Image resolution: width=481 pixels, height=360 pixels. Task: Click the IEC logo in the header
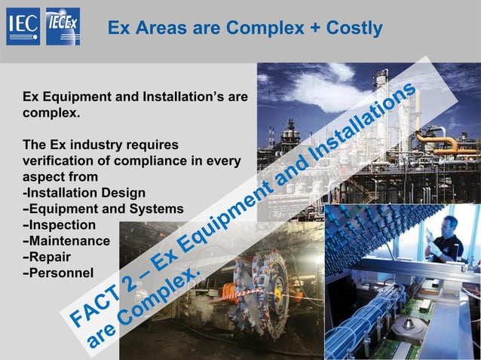pos(23,27)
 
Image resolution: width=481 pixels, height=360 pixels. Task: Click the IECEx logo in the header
pos(63,27)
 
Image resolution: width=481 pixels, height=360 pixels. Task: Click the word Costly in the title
pos(354,29)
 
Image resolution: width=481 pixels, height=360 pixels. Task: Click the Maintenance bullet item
pos(68,241)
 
